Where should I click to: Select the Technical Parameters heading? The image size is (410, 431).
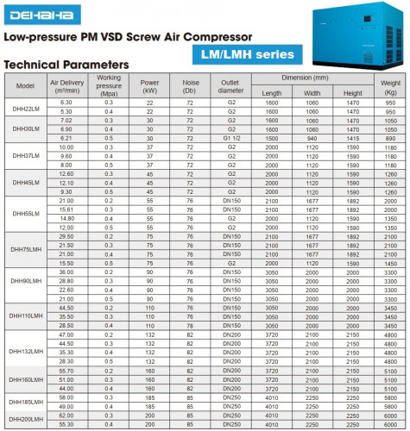66,66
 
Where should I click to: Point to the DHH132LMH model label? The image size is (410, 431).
25,352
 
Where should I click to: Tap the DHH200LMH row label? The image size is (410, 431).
25,419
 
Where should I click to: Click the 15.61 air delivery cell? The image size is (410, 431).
66,209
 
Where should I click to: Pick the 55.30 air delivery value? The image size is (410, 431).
66,423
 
